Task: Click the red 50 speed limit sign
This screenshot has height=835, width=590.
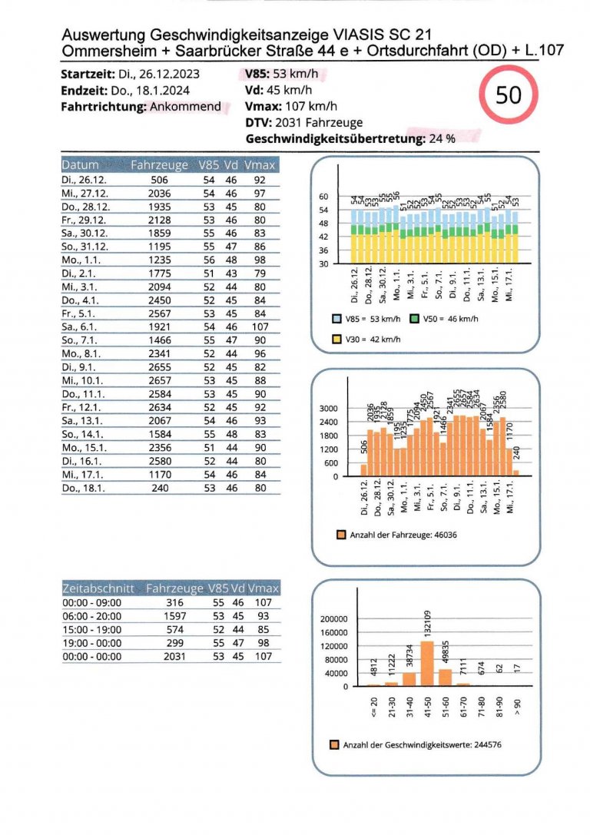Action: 509,96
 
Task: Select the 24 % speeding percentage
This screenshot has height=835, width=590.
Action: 443,139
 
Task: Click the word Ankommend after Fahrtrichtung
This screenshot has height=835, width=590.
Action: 185,107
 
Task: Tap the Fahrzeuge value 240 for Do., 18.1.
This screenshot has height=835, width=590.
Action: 159,488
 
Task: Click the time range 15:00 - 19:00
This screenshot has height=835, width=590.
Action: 91,629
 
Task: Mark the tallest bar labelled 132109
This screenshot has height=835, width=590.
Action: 427,663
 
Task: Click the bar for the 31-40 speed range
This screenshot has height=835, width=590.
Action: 409,678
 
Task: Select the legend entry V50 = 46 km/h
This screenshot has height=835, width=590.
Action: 447,318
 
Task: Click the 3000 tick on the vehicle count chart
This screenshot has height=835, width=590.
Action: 329,409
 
